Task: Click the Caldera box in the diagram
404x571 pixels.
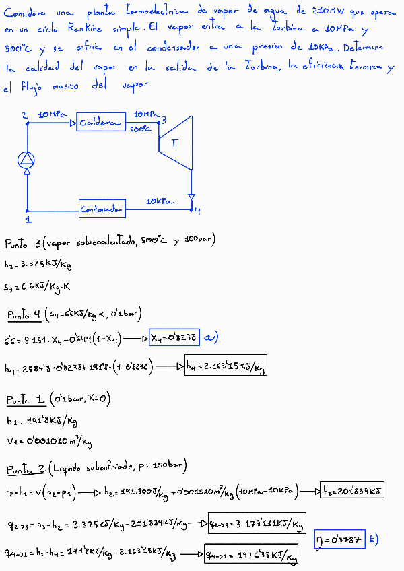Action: coord(101,122)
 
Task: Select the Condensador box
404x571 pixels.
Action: coord(102,209)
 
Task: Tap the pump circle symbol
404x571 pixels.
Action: coord(26,159)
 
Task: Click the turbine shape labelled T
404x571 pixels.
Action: coord(176,142)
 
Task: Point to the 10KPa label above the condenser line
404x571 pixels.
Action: coord(160,201)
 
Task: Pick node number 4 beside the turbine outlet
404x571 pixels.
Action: coord(197,211)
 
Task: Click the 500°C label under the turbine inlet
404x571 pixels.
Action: coord(140,128)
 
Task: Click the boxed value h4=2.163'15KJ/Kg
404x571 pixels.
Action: coord(226,366)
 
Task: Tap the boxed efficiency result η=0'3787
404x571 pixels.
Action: coord(339,539)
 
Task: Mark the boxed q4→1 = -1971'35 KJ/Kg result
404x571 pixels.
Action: coord(251,556)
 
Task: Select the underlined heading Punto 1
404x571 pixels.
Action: coord(24,400)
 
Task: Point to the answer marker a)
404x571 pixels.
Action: coord(211,337)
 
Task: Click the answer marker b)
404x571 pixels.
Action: coord(374,539)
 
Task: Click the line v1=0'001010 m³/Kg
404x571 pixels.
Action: coord(48,442)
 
